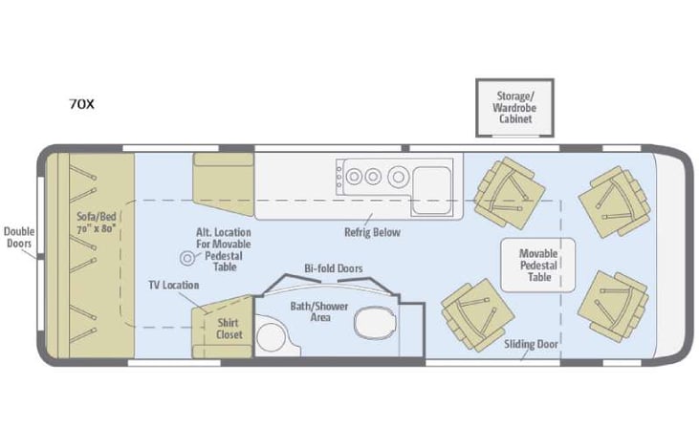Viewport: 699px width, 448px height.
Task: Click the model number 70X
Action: (81, 104)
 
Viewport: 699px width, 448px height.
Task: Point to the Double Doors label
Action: (18, 237)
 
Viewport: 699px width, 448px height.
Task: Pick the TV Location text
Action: (173, 286)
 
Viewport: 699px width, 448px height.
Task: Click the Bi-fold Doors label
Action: (333, 268)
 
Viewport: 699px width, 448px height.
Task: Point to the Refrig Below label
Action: (372, 232)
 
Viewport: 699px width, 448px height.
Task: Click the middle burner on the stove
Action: (374, 175)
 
